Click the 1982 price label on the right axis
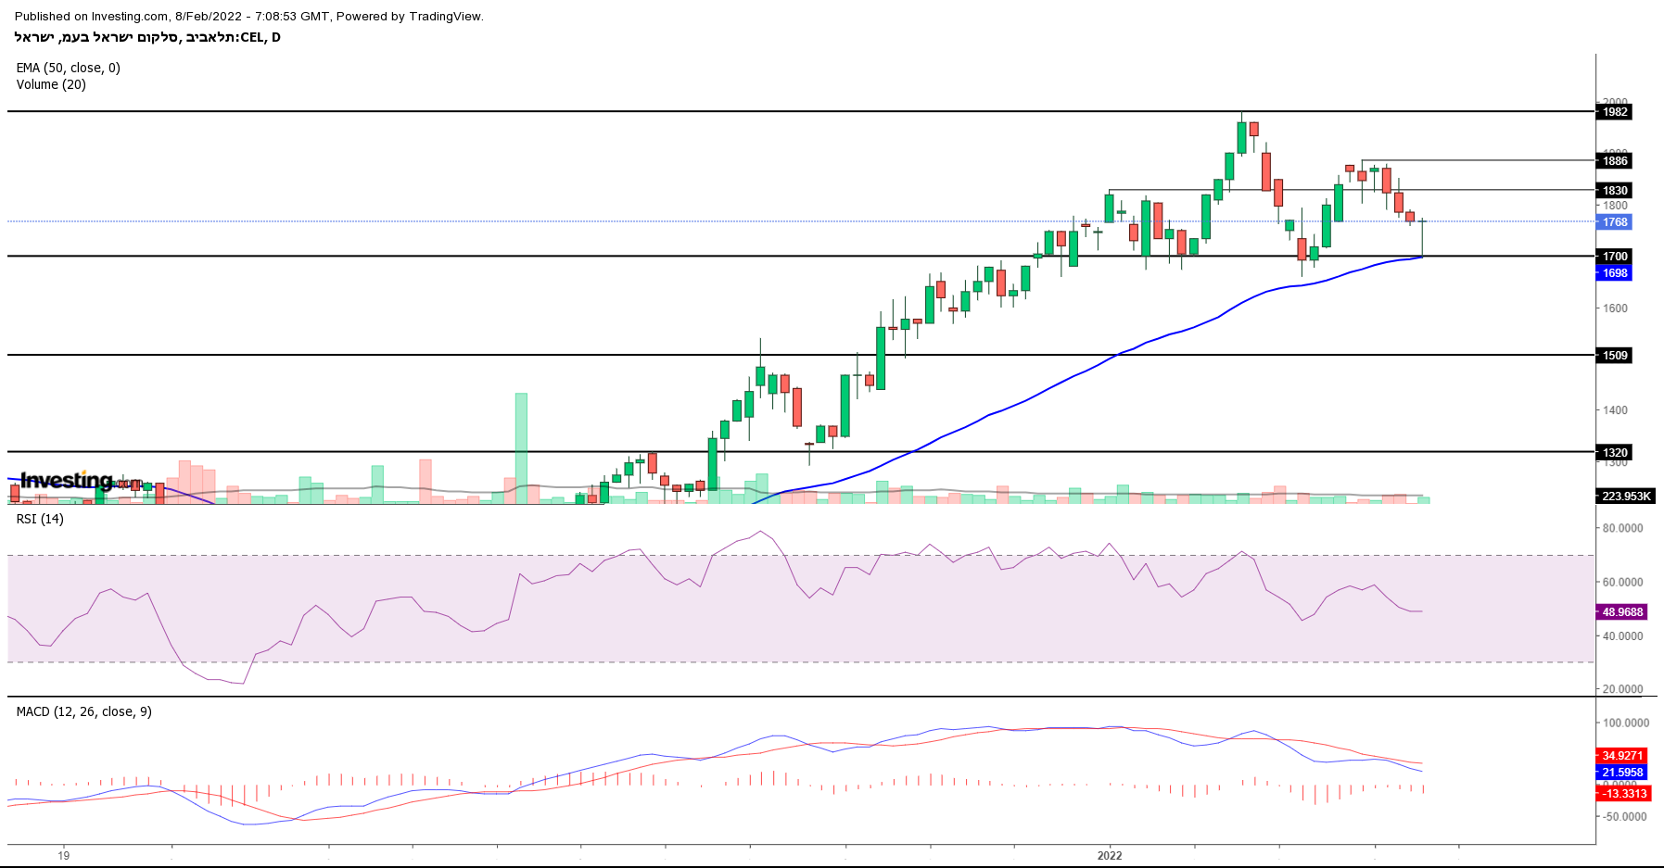(1614, 112)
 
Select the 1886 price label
(1614, 161)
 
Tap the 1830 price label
(1614, 191)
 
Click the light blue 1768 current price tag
(1614, 222)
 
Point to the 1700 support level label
(1614, 257)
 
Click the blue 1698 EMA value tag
(1614, 273)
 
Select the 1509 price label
(1614, 356)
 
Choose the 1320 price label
(1614, 453)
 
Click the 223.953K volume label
(1626, 497)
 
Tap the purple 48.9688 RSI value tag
(1622, 612)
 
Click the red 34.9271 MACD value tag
(1622, 756)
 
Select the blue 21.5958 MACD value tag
(1622, 773)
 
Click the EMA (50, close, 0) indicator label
(69, 68)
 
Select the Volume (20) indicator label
(51, 84)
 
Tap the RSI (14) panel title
(40, 519)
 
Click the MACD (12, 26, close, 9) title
(84, 711)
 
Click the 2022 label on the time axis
(1110, 855)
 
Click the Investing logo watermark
(67, 480)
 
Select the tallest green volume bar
(521, 448)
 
